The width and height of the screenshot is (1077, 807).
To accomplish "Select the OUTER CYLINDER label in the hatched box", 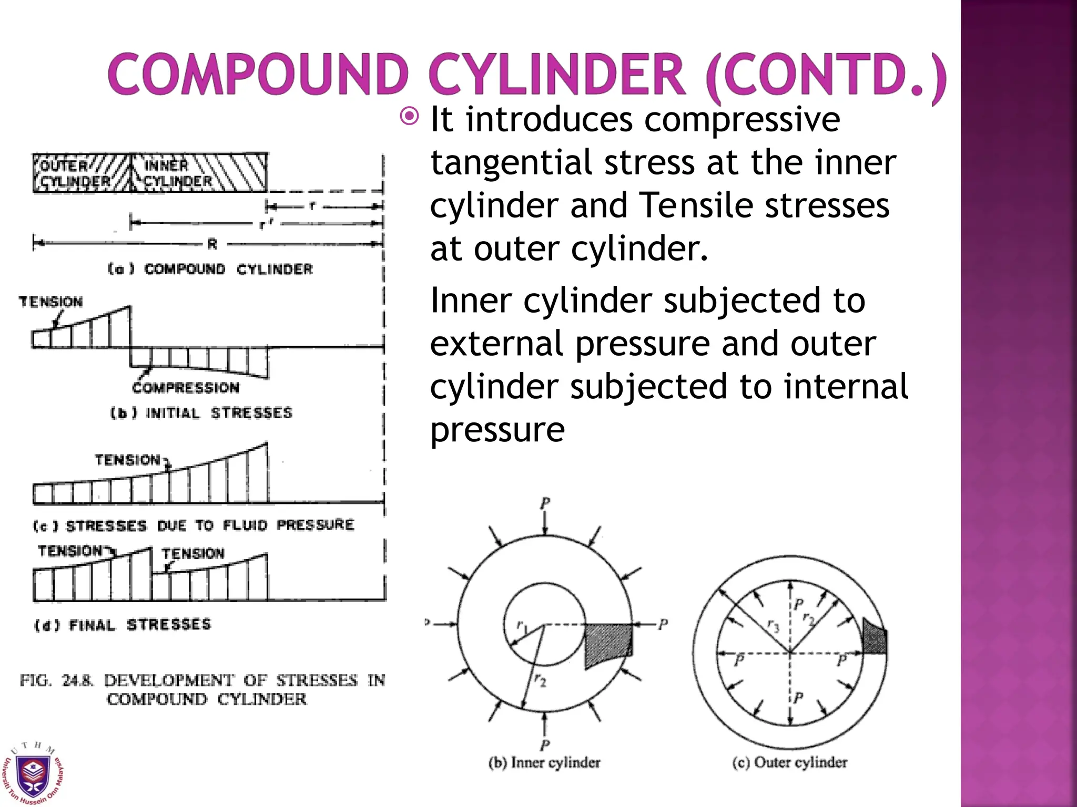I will click(x=73, y=173).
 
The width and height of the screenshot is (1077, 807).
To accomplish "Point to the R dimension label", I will click(x=212, y=244).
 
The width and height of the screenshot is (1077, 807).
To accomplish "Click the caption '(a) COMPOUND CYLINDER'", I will click(x=210, y=270).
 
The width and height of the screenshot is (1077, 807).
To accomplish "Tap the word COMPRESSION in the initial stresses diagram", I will click(x=186, y=388).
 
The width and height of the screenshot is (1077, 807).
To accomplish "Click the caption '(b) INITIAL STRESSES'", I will click(x=201, y=413).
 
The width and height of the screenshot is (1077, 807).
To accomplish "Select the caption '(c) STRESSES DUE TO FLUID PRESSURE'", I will click(x=194, y=525).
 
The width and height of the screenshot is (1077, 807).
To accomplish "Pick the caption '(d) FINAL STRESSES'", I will click(x=123, y=625).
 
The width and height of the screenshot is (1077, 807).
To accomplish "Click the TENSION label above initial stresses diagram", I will click(x=50, y=302).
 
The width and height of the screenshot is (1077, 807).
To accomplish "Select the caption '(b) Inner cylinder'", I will click(x=544, y=762).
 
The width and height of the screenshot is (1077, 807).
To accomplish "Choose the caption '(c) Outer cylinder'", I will click(x=790, y=762).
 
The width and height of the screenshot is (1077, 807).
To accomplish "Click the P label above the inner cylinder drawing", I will click(x=545, y=503).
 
